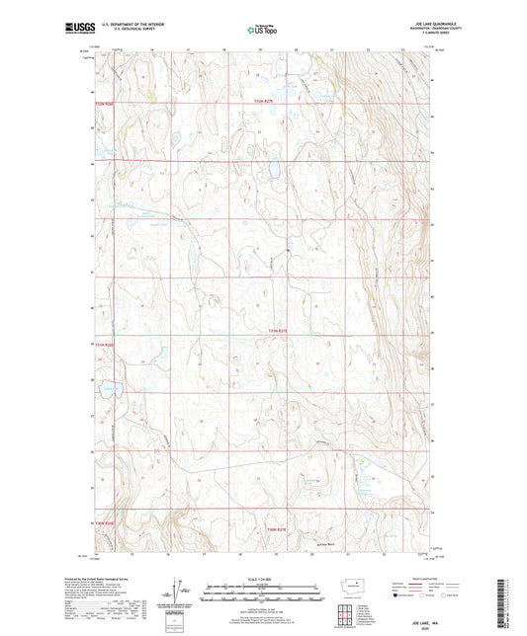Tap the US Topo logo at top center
coord(262,31)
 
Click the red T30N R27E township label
coord(278,529)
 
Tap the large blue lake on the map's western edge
coord(106,389)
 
